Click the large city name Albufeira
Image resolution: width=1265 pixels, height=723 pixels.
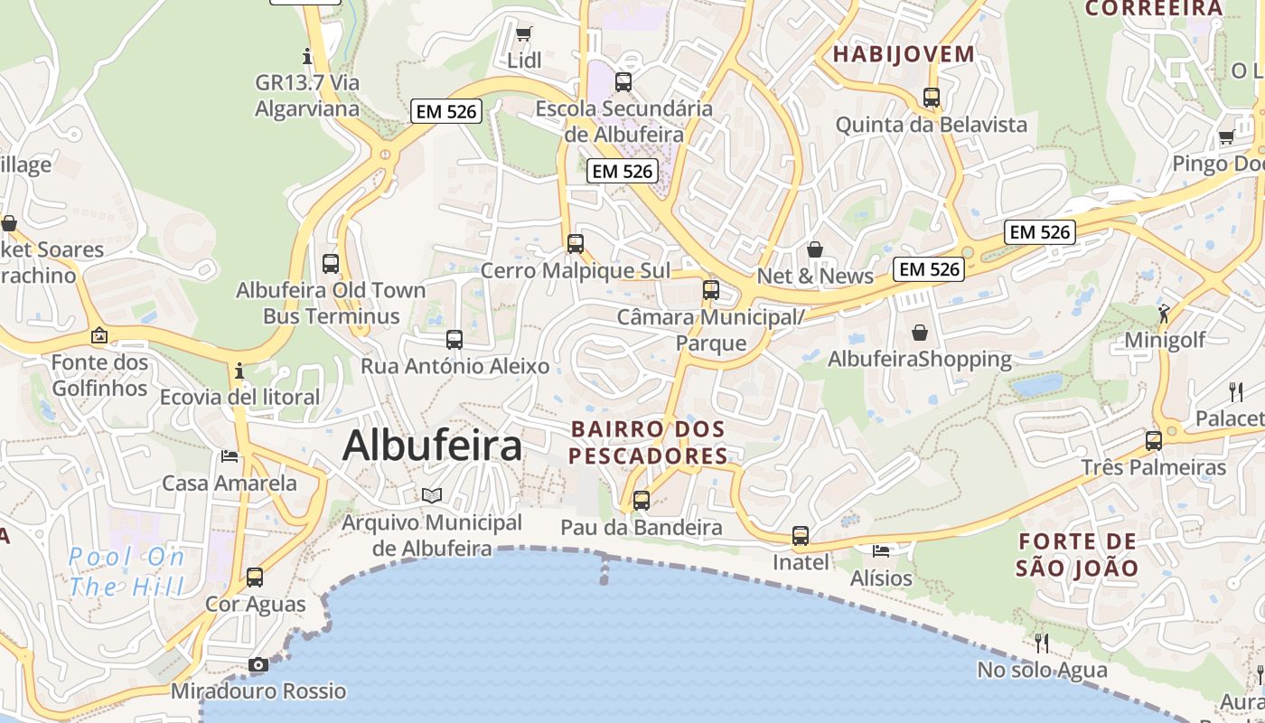[x=433, y=446]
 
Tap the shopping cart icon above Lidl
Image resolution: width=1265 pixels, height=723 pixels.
[x=523, y=34]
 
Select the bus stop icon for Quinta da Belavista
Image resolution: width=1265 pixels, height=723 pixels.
[x=932, y=97]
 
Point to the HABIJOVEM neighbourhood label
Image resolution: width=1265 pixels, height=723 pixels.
[x=904, y=54]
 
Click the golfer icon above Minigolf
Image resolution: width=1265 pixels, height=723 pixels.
[x=1164, y=314]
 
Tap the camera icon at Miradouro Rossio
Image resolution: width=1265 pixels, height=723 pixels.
[x=258, y=665]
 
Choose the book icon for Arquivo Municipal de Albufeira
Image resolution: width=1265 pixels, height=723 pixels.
[x=433, y=495]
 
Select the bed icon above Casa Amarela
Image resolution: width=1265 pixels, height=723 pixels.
[x=230, y=456]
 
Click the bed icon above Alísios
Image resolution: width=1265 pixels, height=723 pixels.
[x=881, y=549]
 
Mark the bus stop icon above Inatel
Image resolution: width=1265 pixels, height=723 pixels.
[x=801, y=536]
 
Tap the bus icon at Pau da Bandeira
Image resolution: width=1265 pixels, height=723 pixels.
[x=642, y=500]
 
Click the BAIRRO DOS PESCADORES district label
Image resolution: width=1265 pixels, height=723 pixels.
[x=648, y=442]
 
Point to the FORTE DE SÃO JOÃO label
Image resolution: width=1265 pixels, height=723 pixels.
[x=1077, y=555]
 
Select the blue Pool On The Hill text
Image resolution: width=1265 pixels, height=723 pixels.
[x=126, y=571]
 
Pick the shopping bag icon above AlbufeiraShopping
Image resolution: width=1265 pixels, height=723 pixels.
[x=920, y=333]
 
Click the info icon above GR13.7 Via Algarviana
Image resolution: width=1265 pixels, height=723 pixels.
[x=307, y=56]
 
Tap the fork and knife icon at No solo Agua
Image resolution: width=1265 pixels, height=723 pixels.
[x=1042, y=643]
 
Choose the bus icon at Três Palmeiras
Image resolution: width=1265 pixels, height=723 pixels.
[x=1154, y=441]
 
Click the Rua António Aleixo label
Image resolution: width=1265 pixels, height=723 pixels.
[x=454, y=366]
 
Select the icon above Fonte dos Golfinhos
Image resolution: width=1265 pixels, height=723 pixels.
[x=99, y=336]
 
